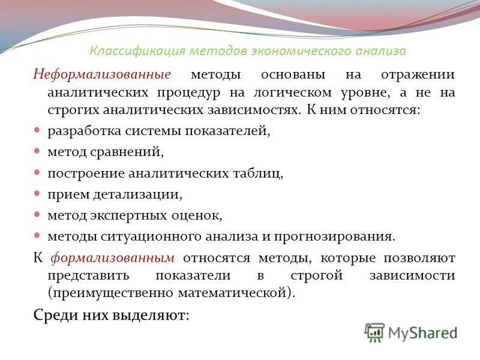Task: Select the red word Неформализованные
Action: click(102, 75)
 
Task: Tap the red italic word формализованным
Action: click(113, 258)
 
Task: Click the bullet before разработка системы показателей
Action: click(37, 130)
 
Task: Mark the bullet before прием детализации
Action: click(37, 193)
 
